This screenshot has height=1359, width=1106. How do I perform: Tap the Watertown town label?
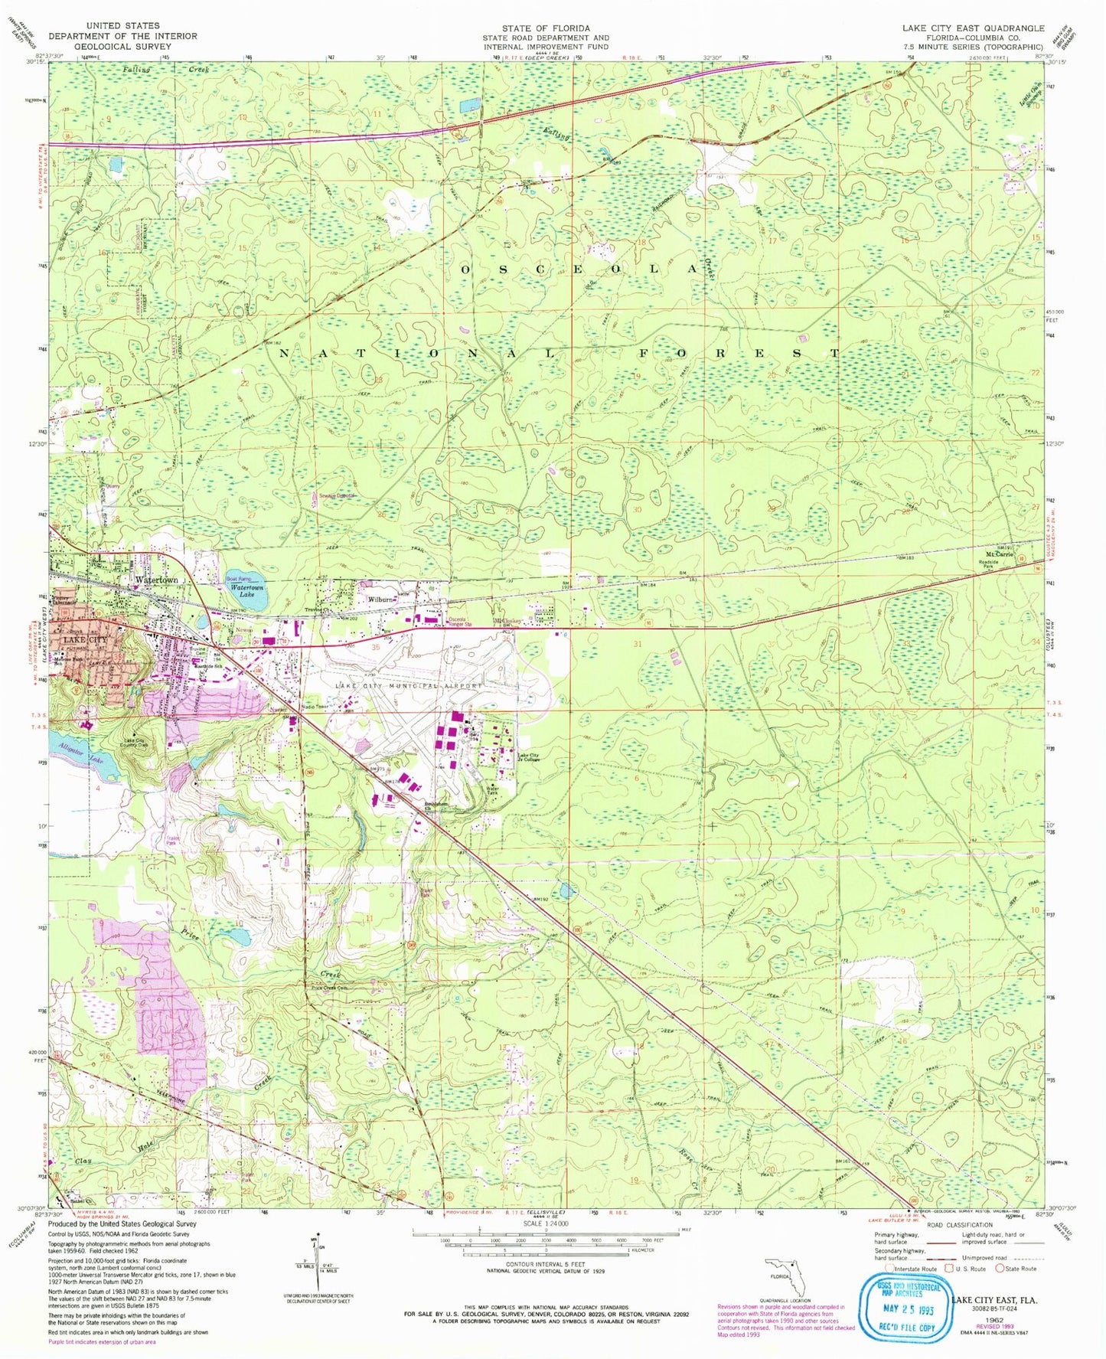point(157,580)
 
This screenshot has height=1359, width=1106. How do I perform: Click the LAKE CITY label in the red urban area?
point(84,639)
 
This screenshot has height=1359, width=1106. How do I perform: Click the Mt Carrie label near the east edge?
point(999,554)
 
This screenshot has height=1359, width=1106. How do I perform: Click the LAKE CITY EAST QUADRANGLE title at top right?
point(972,28)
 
